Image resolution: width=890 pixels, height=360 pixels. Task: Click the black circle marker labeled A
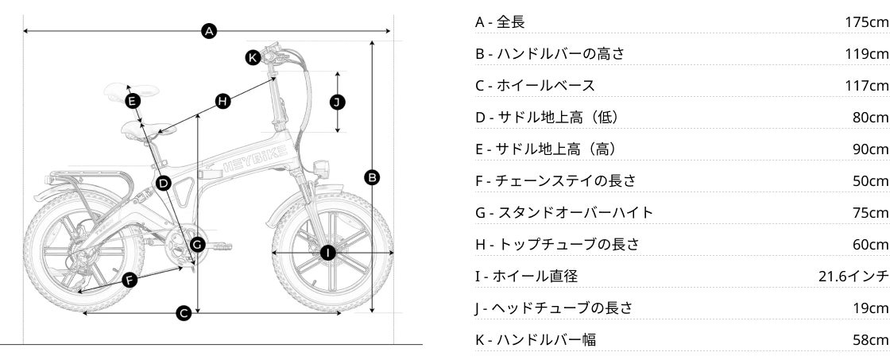point(209,31)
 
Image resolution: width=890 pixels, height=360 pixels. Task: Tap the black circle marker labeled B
point(371,177)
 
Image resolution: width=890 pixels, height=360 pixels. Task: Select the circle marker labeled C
point(184,313)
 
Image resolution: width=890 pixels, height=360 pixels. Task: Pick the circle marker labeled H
point(222,101)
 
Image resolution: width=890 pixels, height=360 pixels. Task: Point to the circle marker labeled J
point(339,102)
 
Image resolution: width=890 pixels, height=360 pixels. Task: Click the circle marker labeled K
point(253,57)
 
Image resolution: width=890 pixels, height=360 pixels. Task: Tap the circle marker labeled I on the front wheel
point(328,253)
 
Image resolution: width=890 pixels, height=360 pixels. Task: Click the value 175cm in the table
point(867,22)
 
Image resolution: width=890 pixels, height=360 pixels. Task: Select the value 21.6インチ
point(853,277)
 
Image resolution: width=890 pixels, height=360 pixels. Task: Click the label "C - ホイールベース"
point(535,86)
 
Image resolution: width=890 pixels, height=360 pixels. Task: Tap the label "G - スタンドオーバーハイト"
point(564,213)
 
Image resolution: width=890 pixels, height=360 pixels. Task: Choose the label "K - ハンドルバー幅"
point(536,340)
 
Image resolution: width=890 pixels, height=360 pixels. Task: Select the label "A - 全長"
point(500,22)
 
